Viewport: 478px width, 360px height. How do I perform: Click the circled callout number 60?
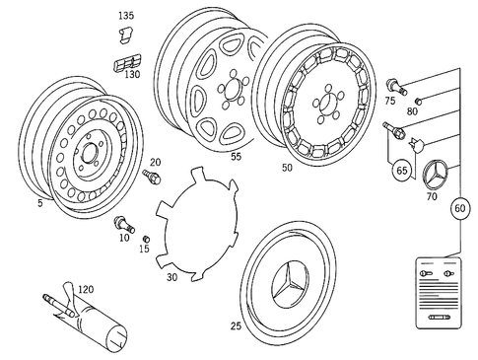(460, 208)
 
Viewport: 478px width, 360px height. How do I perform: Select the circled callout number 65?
(403, 170)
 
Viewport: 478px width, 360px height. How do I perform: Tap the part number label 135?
(126, 17)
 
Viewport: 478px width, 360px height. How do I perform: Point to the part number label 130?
(130, 74)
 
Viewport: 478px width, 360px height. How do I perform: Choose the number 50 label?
(287, 169)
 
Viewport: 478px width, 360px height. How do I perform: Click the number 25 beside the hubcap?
(236, 324)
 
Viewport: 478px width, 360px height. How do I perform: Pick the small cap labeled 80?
(418, 101)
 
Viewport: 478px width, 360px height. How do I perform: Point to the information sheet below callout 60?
(435, 293)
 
